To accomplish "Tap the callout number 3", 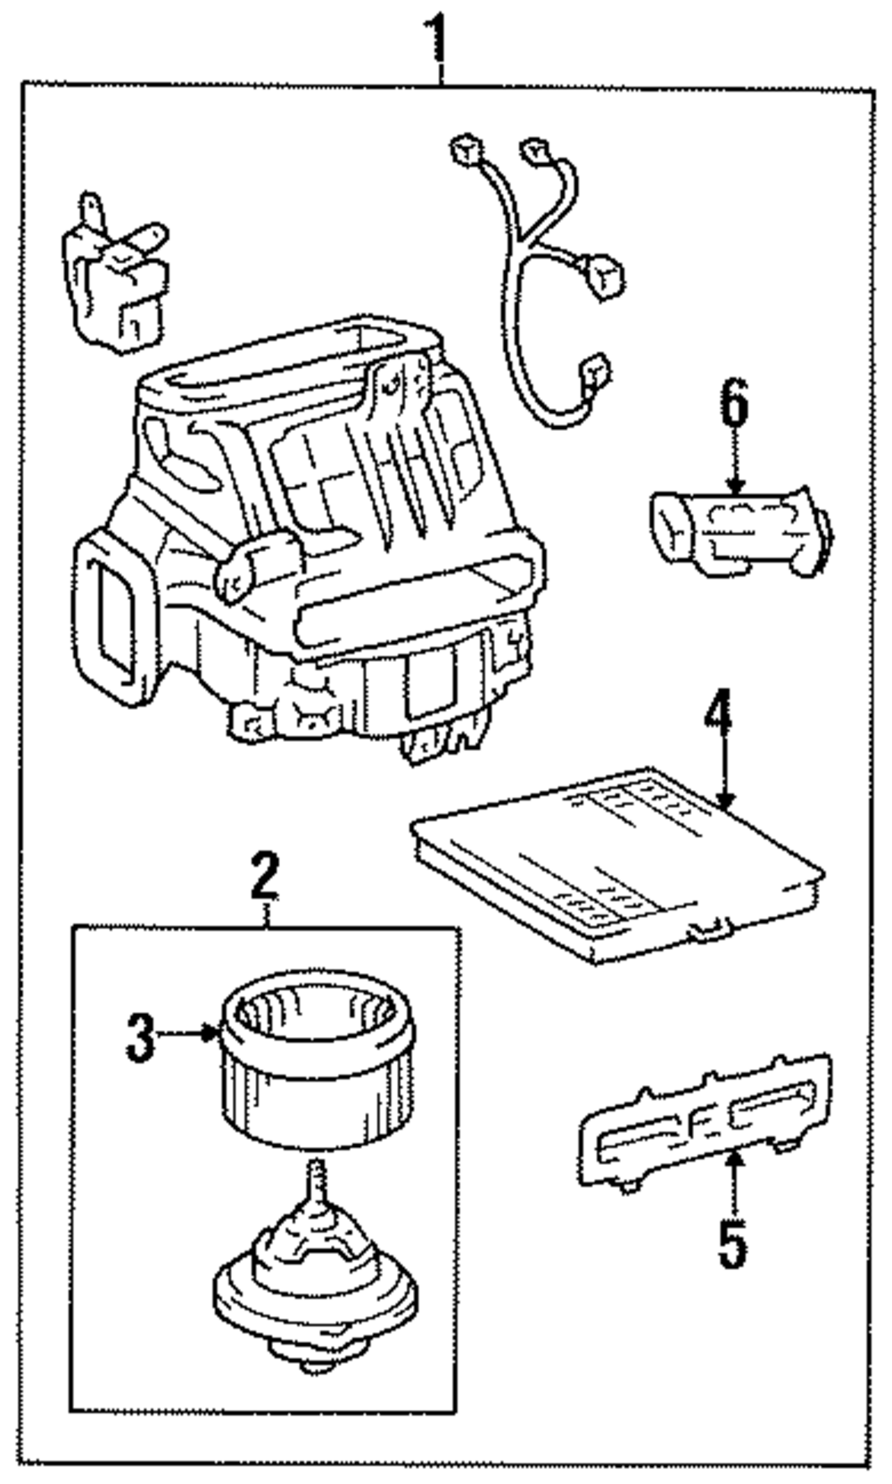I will [x=140, y=1037].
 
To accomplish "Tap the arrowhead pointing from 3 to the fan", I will [x=212, y=1034].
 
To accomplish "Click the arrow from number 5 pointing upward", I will [x=733, y=1182].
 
